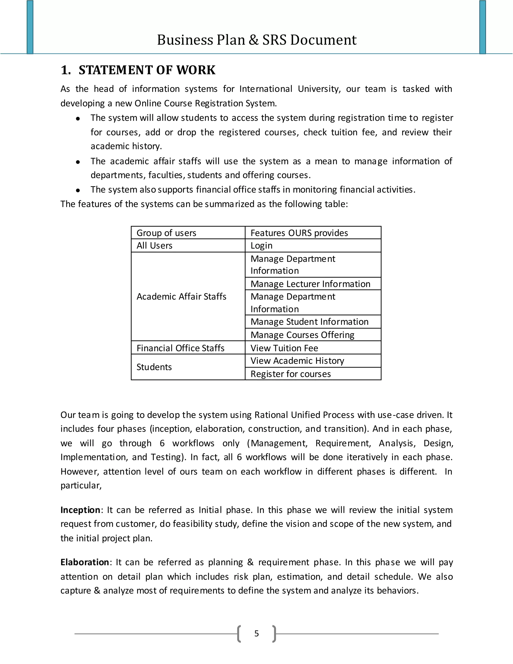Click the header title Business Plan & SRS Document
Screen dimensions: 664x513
pyautogui.click(x=256, y=40)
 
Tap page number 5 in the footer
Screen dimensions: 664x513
pyautogui.click(x=256, y=633)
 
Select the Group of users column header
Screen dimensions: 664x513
pyautogui.click(x=166, y=233)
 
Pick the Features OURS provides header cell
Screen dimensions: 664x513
pyautogui.click(x=299, y=233)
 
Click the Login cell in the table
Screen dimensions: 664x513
pyautogui.click(x=261, y=245)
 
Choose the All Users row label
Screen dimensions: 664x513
pyautogui.click(x=154, y=245)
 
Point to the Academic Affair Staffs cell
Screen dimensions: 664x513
pyautogui.click(x=181, y=296)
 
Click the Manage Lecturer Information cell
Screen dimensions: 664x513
pyautogui.click(x=310, y=284)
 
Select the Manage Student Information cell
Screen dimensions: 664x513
pyautogui.click(x=309, y=322)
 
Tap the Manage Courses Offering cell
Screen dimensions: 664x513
pyautogui.click(x=302, y=335)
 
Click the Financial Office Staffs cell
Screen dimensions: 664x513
pyautogui.click(x=181, y=348)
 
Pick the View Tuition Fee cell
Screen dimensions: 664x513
pyautogui.click(x=284, y=348)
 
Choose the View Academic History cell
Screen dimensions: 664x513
pyautogui.click(x=297, y=361)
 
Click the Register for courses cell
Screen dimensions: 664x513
pyautogui.click(x=291, y=374)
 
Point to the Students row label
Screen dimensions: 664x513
pyautogui.click(x=154, y=367)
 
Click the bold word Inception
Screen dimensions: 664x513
pyautogui.click(x=80, y=510)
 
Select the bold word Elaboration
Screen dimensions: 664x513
pyautogui.click(x=84, y=562)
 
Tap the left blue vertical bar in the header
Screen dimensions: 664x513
pyautogui.click(x=30, y=27)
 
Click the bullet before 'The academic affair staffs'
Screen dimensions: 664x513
pyautogui.click(x=78, y=162)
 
